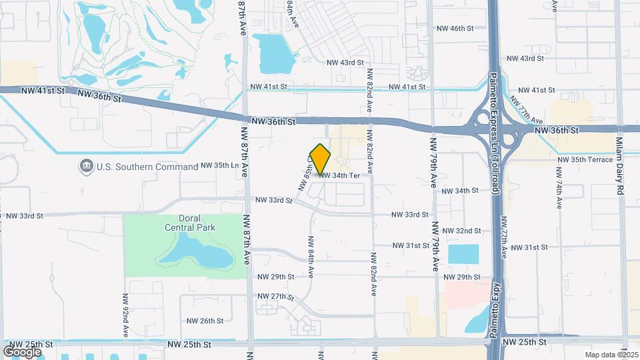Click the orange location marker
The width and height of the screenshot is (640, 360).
[x=321, y=159]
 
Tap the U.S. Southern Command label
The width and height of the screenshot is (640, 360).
[x=133, y=167]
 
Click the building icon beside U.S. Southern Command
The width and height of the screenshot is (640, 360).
[x=86, y=166]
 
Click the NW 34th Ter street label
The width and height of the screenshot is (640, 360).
[x=339, y=175]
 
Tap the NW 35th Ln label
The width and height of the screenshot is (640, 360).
[x=220, y=165]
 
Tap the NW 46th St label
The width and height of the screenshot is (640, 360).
[x=455, y=29]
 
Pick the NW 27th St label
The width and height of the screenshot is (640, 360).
[x=275, y=296]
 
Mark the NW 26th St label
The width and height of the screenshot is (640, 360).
[x=205, y=321]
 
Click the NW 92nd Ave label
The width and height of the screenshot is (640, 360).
[x=125, y=314]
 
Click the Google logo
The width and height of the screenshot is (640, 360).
[x=23, y=351]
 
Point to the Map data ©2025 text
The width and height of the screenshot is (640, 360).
[x=611, y=355]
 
